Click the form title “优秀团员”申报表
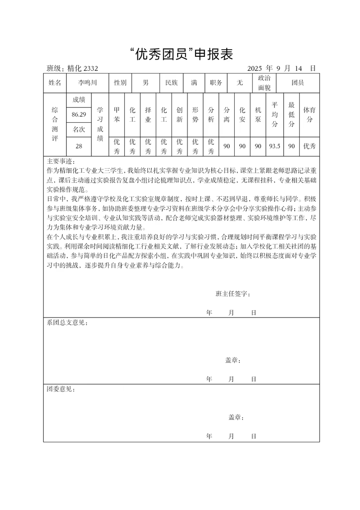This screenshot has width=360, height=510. [x=180, y=55]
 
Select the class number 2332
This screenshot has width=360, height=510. [x=90, y=69]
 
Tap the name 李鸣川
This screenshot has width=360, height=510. [x=87, y=83]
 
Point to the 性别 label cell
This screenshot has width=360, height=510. [x=120, y=83]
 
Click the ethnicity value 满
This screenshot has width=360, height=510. [x=194, y=83]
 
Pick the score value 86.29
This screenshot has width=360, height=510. [x=79, y=115]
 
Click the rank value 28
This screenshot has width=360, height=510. [x=79, y=146]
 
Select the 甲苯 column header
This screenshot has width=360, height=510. [x=117, y=115]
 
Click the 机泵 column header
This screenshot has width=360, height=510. [x=258, y=115]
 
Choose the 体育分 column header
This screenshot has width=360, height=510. [x=309, y=115]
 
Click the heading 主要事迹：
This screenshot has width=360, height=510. [x=61, y=161]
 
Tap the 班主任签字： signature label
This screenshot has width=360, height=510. [x=233, y=294]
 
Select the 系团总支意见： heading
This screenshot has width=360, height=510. [x=67, y=323]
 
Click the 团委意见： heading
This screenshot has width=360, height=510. [x=61, y=389]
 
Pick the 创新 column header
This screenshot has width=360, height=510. [x=179, y=115]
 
